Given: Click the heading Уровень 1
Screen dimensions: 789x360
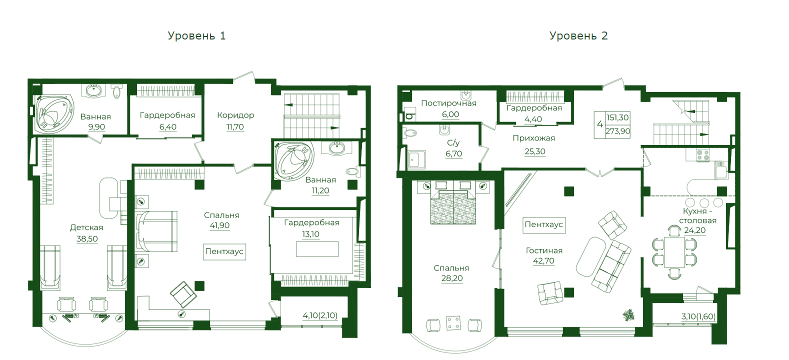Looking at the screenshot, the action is (196, 35).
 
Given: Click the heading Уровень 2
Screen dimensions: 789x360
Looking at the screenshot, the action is (578, 35).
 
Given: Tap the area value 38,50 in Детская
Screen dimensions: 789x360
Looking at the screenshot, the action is (87, 239).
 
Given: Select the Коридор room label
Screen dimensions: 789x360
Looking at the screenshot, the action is (235, 115).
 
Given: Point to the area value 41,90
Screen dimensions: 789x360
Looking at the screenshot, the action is (220, 225).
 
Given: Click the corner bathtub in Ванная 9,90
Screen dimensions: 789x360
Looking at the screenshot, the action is (54, 114).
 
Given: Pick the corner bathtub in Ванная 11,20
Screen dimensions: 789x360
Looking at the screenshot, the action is (294, 160).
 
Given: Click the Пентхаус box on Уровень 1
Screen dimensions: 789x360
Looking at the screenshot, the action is (224, 251).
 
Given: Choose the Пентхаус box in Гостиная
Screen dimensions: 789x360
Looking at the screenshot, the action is (544, 224).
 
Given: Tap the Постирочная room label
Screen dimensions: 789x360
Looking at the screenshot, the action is (448, 103).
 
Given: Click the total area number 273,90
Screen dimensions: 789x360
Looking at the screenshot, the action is (618, 131).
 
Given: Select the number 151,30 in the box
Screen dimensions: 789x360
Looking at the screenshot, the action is (617, 117).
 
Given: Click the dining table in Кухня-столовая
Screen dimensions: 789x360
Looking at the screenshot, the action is (674, 252).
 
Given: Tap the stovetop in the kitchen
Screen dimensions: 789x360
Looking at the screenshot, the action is (703, 155).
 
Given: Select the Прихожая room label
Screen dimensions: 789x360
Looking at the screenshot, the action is (533, 138).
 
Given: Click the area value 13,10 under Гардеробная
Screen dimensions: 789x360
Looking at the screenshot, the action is (310, 234).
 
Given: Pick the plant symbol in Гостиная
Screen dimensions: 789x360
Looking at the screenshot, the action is (628, 314).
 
